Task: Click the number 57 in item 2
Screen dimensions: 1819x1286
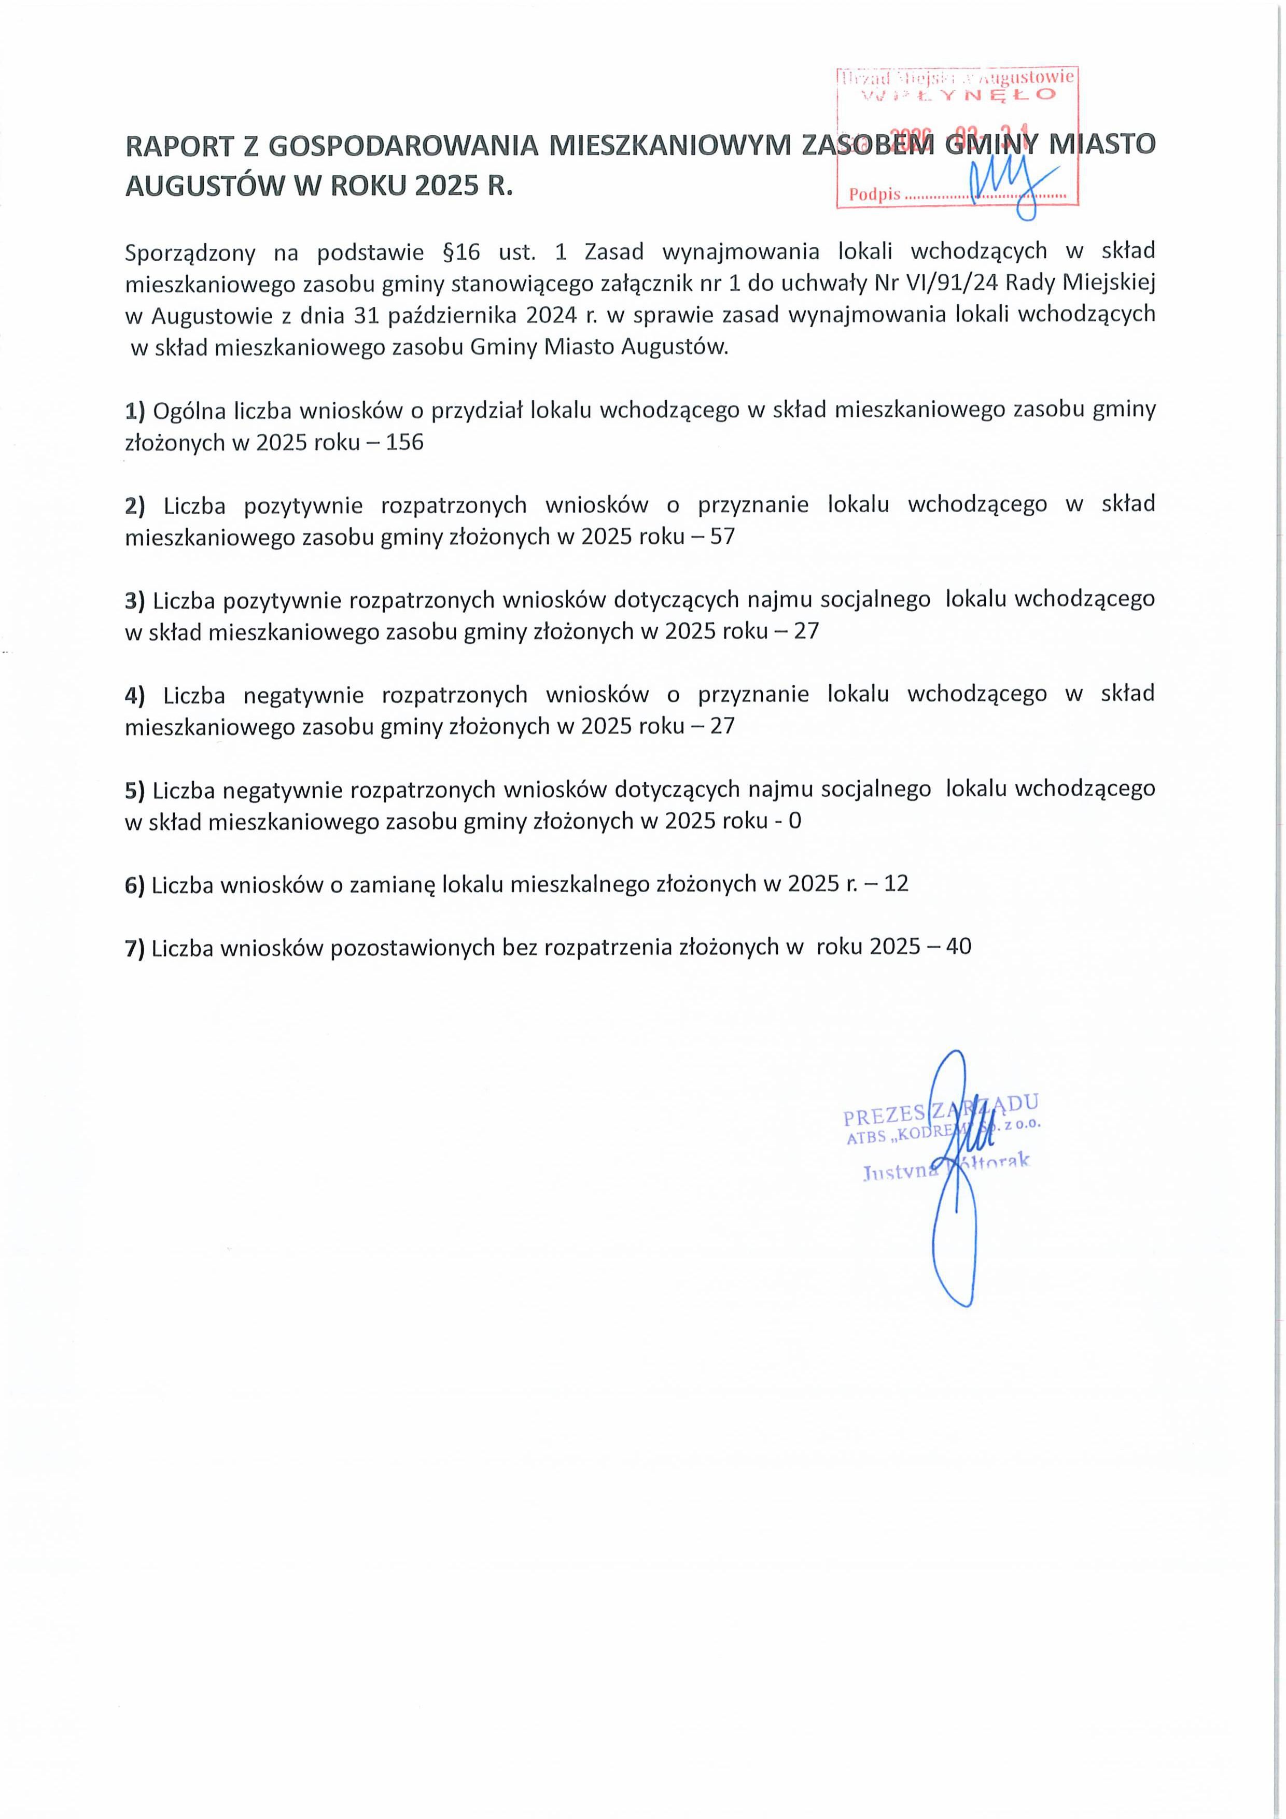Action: click(x=723, y=537)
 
